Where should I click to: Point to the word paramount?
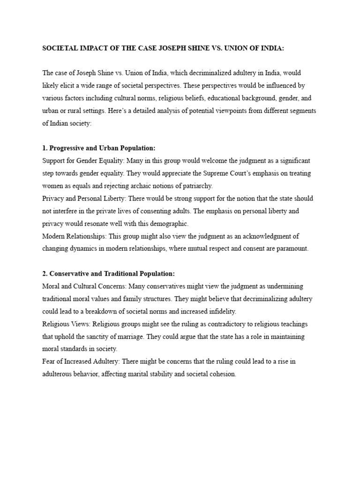[x=291, y=248]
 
